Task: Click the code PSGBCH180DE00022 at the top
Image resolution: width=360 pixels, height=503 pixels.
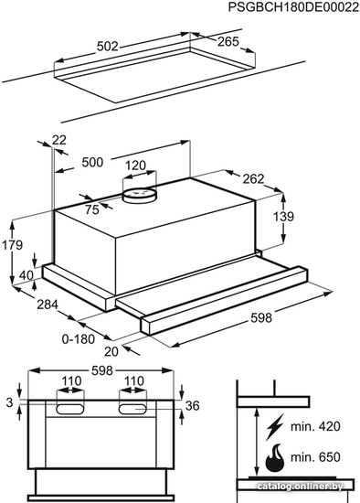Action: [x=293, y=6]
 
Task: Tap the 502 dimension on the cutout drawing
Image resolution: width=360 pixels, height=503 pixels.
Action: [x=108, y=47]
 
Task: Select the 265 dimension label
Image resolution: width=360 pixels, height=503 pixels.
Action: [x=228, y=41]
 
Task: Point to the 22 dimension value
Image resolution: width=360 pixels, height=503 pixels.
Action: [x=59, y=140]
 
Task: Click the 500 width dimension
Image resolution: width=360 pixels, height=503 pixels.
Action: [x=92, y=162]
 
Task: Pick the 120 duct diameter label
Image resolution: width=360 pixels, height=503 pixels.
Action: [x=135, y=166]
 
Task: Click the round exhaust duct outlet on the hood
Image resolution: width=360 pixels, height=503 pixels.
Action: [x=140, y=195]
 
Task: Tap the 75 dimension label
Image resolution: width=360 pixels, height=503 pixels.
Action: [x=92, y=209]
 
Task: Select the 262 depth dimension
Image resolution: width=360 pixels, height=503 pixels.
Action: [x=253, y=178]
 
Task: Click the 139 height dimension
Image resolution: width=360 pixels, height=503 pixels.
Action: [x=283, y=217]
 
